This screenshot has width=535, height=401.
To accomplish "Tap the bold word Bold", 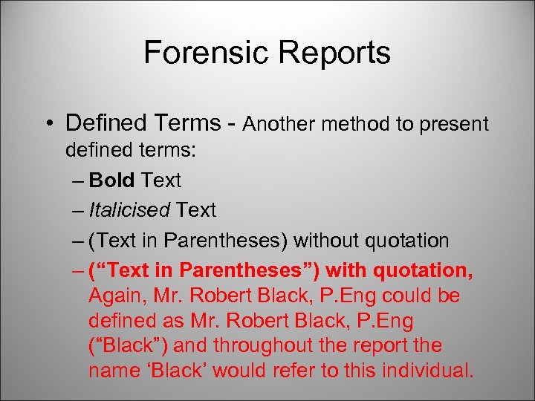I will tap(111, 180).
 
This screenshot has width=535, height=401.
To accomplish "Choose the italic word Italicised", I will tap(129, 210).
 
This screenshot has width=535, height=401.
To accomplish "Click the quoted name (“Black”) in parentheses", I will tap(122, 346).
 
